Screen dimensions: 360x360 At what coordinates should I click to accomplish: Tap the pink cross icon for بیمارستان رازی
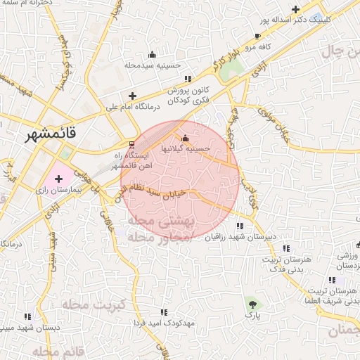click(58, 180)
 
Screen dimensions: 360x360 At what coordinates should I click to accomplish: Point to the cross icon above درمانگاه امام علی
click(132, 96)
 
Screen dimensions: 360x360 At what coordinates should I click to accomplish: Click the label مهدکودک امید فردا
click(163, 323)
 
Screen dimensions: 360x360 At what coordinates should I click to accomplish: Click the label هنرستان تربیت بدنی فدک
click(271, 264)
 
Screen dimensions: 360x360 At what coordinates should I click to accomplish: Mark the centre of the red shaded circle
click(180, 180)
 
